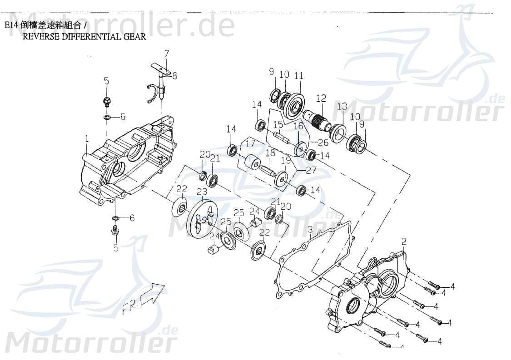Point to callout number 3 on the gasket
click(x=310, y=230)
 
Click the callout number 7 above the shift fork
click(x=167, y=53)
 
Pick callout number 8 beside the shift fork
click(x=174, y=76)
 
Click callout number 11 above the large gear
click(x=298, y=76)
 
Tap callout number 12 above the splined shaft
click(x=321, y=98)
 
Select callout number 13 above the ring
click(x=342, y=106)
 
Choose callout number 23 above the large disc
click(x=202, y=192)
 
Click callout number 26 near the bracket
click(x=323, y=143)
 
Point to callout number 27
click(x=311, y=171)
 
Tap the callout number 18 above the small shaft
click(x=270, y=153)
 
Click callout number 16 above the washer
click(x=298, y=126)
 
